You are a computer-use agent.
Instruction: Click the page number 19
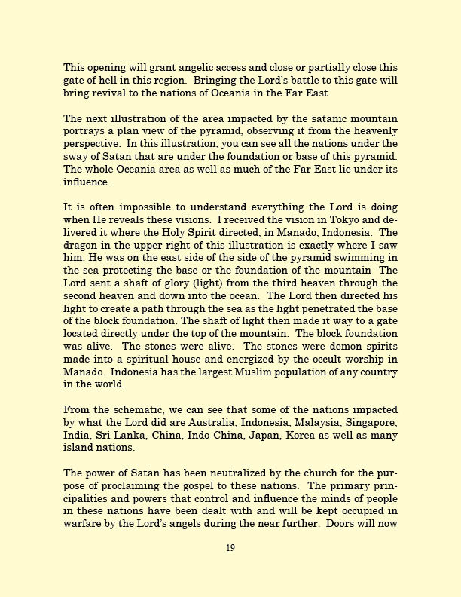click(x=230, y=548)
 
